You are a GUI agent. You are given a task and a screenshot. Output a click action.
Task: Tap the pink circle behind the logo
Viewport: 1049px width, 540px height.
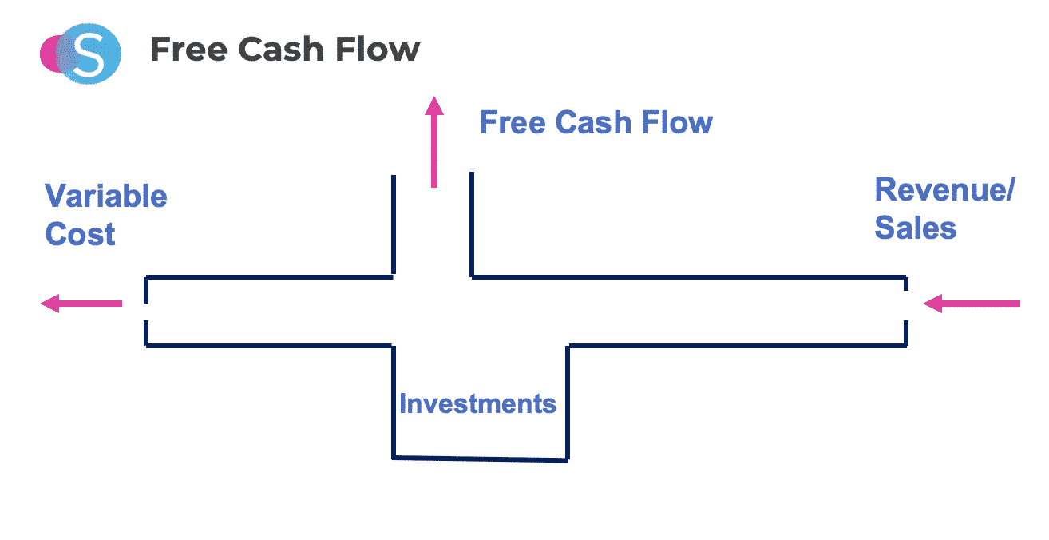[50, 54]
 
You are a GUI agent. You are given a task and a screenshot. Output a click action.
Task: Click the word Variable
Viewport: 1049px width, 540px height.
[106, 197]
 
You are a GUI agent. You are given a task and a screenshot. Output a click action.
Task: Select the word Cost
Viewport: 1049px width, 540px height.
[81, 235]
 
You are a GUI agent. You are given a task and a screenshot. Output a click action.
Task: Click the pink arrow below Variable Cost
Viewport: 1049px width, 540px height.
[81, 304]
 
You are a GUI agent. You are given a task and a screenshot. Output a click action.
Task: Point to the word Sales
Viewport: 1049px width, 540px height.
[916, 228]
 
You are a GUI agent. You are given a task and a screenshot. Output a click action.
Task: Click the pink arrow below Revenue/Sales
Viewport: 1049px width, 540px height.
[972, 304]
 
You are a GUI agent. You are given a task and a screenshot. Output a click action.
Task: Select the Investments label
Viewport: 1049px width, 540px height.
[477, 403]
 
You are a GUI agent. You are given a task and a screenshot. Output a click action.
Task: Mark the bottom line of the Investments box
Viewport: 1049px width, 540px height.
[480, 459]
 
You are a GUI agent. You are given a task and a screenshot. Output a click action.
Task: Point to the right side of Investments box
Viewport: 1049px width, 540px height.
[568, 403]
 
